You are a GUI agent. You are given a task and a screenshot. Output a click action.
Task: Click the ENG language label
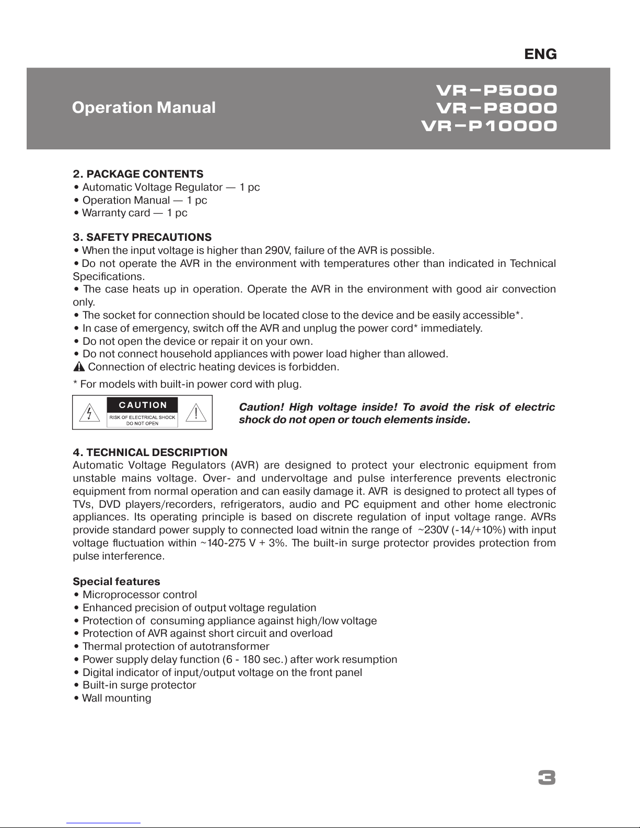click(x=540, y=54)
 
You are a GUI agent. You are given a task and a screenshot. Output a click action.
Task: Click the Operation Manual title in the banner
click(x=144, y=108)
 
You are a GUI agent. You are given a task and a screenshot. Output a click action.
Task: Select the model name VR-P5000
click(x=496, y=90)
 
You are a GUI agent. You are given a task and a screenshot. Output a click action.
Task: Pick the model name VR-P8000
click(x=496, y=109)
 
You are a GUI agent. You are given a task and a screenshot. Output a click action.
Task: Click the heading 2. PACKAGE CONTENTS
click(x=138, y=174)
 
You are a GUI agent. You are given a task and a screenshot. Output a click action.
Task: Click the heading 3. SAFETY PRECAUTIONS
click(x=142, y=238)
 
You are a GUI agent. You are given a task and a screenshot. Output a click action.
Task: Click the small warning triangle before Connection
click(x=79, y=367)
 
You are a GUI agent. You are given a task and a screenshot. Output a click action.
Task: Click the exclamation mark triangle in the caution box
click(x=196, y=413)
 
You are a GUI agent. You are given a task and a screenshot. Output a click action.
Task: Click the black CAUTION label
click(x=143, y=405)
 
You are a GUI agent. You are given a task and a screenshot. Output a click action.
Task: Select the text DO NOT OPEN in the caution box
click(x=143, y=424)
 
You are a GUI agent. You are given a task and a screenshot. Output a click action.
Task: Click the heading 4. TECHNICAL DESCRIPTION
click(x=150, y=452)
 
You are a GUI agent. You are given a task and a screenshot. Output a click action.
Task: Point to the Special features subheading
click(x=117, y=582)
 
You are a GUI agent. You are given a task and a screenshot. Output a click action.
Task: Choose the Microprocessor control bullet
click(x=139, y=595)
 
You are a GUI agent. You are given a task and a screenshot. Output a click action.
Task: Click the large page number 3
click(x=546, y=778)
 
